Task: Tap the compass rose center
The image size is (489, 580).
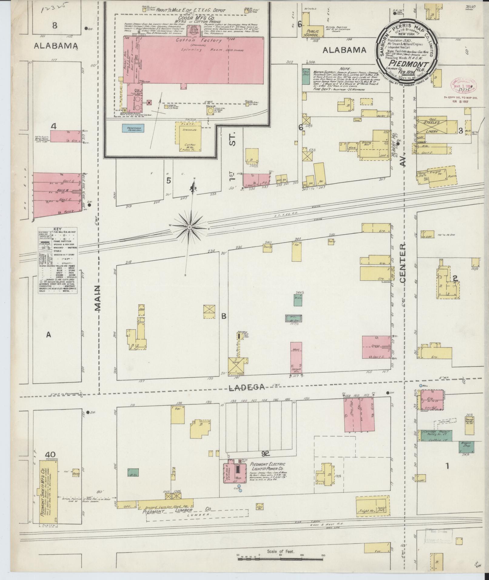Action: coord(190,227)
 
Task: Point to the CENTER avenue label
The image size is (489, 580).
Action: coord(403,264)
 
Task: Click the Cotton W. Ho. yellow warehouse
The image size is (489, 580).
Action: coord(188,136)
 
